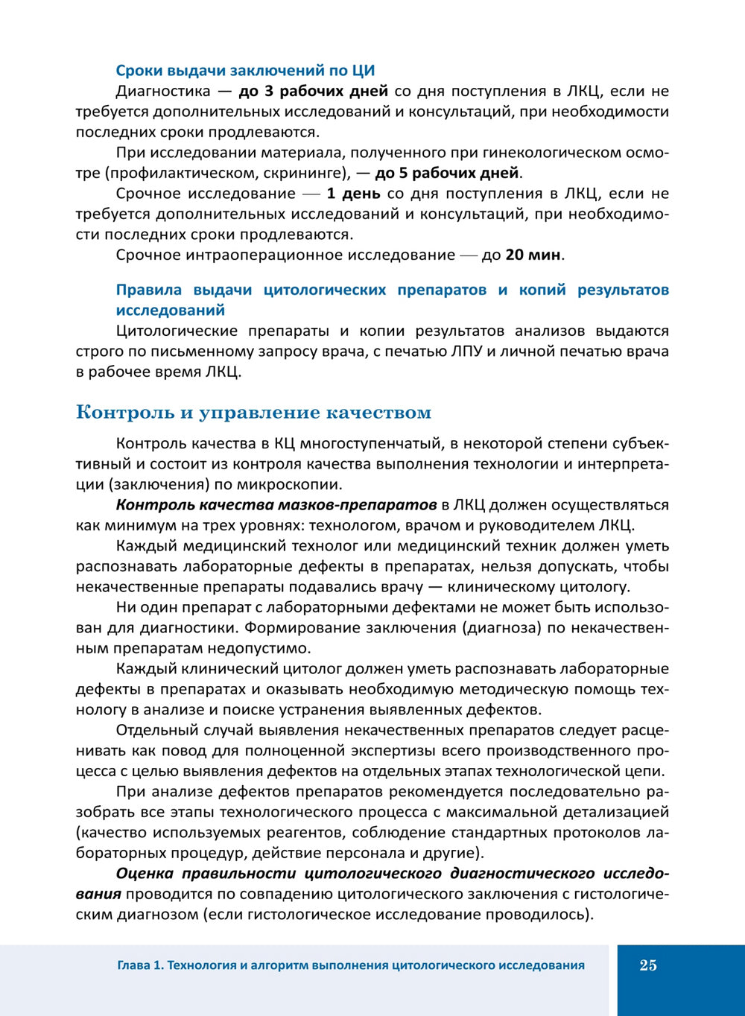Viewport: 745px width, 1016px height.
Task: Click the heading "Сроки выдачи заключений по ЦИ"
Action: tap(245, 71)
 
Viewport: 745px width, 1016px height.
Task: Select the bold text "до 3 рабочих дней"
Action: tap(313, 92)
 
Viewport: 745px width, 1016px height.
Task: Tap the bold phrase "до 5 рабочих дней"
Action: tap(446, 174)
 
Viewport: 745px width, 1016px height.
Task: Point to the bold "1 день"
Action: tap(353, 194)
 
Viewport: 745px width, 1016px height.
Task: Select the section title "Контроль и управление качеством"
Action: tap(253, 412)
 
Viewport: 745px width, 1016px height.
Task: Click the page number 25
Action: tap(648, 965)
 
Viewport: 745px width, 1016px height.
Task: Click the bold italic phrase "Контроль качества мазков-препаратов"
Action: tap(276, 505)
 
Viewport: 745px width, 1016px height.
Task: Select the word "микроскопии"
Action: tap(295, 485)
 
